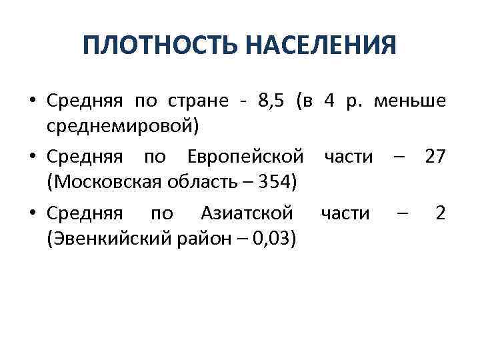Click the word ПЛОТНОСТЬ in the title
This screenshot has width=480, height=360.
(159, 46)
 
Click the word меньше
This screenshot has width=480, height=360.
(410, 101)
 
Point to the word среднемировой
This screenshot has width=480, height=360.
(119, 125)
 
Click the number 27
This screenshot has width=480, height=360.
(435, 157)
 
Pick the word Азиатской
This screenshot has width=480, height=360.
(246, 213)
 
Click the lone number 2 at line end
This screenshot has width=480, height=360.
(440, 213)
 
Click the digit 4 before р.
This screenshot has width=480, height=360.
(329, 101)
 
